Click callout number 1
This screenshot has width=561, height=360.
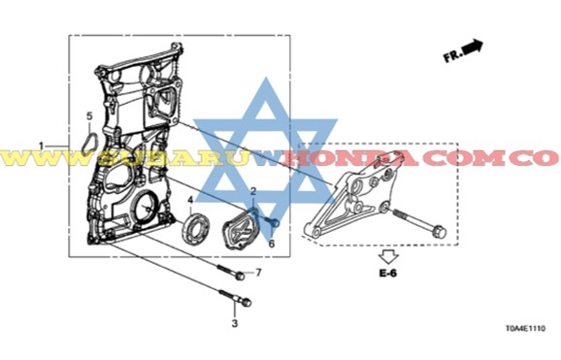pyautogui.click(x=41, y=146)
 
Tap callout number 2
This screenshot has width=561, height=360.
pyautogui.click(x=253, y=191)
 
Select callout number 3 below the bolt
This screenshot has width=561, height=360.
pyautogui.click(x=235, y=323)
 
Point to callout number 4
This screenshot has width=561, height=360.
pyautogui.click(x=190, y=200)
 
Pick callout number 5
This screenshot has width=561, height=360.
pyautogui.click(x=89, y=115)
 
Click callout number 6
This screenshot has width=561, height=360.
pyautogui.click(x=272, y=245)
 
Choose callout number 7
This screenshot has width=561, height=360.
pyautogui.click(x=258, y=273)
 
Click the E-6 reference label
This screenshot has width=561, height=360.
pyautogui.click(x=388, y=274)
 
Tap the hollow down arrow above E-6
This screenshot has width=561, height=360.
pyautogui.click(x=388, y=257)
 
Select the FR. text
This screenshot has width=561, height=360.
pyautogui.click(x=452, y=56)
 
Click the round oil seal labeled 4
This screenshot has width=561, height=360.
pyautogui.click(x=196, y=228)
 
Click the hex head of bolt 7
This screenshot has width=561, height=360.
pyautogui.click(x=240, y=276)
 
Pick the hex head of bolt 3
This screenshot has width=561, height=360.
pyautogui.click(x=247, y=303)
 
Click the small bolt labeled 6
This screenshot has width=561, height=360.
pyautogui.click(x=272, y=222)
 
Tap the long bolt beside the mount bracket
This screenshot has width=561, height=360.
pyautogui.click(x=420, y=223)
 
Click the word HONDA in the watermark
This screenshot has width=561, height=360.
pyautogui.click(x=349, y=158)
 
